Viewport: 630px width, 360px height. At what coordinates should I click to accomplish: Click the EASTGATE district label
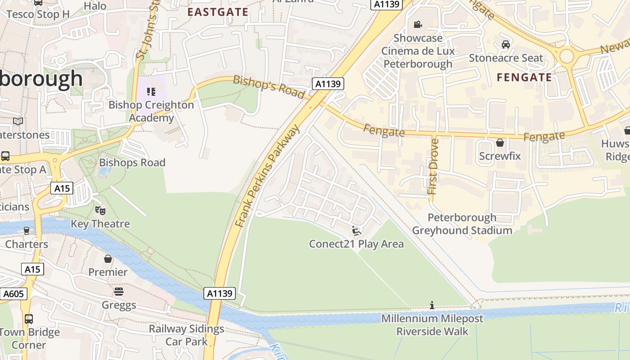click(x=218, y=12)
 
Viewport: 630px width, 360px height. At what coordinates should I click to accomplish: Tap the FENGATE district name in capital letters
click(x=524, y=77)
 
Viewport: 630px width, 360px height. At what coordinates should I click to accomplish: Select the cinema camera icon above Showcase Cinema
click(x=418, y=24)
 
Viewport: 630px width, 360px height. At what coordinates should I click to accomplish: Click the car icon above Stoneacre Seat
click(x=506, y=45)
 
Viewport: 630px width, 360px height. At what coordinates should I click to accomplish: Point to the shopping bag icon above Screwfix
click(x=499, y=143)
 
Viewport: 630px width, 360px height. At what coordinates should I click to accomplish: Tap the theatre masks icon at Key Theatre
click(x=100, y=210)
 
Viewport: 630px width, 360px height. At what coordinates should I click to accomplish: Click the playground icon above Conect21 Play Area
click(x=356, y=231)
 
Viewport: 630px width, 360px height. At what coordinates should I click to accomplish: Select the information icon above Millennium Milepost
click(x=432, y=306)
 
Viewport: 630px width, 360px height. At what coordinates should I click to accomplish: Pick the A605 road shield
click(x=13, y=294)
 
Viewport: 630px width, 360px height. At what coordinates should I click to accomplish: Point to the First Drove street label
click(x=434, y=166)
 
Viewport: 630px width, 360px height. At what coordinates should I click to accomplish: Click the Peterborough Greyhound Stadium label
click(x=462, y=224)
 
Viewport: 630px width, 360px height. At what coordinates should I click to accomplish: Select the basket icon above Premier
click(x=108, y=259)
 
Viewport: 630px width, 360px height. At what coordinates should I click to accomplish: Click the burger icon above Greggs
click(x=119, y=292)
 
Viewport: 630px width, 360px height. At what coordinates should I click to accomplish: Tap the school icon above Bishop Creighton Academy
click(x=151, y=92)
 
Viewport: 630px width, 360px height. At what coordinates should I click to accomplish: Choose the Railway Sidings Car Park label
click(x=186, y=335)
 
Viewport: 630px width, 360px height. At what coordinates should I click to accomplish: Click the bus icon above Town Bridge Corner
click(x=29, y=319)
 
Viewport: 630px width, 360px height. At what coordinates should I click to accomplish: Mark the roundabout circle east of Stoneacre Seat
click(x=567, y=56)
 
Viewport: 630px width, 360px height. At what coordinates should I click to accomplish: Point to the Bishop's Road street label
click(x=269, y=86)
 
